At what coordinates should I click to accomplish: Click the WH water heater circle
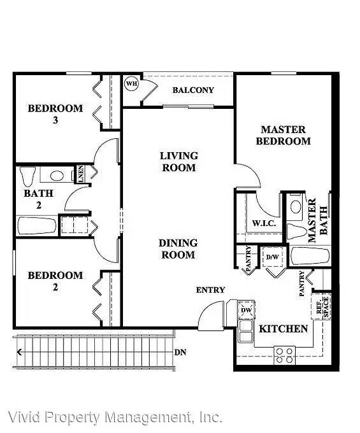coord(131,83)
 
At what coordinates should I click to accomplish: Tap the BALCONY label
coord(193,90)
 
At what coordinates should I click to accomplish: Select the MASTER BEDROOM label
coord(283,135)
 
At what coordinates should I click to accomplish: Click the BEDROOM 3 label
coord(55,114)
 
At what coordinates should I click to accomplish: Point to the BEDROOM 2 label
coord(55,281)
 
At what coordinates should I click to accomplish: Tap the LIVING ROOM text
coord(179,162)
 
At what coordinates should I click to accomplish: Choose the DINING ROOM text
coord(178,249)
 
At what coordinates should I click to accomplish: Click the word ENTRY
coord(210,290)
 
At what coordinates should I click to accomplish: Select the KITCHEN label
coord(283,329)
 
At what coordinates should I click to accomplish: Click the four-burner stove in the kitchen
coord(284,355)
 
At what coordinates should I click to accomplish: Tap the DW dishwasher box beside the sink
coord(246,310)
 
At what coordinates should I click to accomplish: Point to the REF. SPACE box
coord(320,307)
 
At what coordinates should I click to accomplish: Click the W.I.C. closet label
coord(264,223)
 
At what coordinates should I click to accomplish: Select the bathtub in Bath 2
coord(37,225)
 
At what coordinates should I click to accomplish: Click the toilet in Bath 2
coord(27,176)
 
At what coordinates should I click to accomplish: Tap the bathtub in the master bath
coord(310,256)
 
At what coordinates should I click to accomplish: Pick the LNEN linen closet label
coord(80,174)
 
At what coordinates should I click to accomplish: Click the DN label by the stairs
coord(180,352)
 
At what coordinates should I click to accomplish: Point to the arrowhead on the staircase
coord(19,352)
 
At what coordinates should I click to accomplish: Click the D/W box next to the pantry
coord(273,257)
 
